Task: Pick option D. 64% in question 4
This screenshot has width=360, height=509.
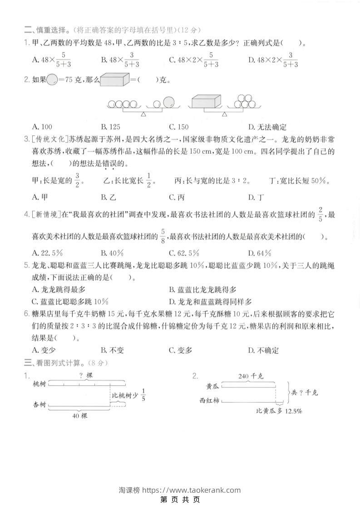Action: coord(260,253)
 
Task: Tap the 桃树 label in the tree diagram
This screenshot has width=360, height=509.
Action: coord(39,384)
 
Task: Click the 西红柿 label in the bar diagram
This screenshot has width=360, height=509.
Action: coord(209,401)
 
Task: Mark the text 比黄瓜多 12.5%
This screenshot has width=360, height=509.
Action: coord(279,411)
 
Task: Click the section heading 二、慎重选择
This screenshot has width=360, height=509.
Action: coord(47,30)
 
